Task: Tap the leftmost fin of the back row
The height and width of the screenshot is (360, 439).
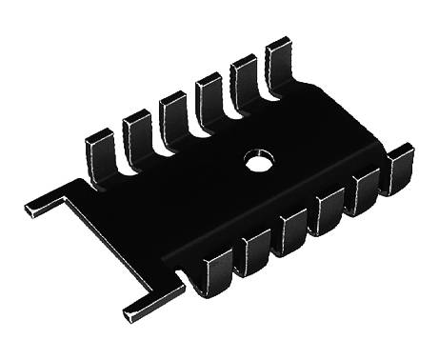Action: pyautogui.click(x=101, y=150)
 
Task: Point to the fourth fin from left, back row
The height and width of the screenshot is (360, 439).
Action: pyautogui.click(x=210, y=92)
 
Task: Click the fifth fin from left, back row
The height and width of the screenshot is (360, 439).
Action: pyautogui.click(x=245, y=75)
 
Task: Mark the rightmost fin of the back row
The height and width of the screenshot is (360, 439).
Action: pyautogui.click(x=280, y=58)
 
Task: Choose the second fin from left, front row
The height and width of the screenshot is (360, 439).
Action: pyautogui.click(x=256, y=251)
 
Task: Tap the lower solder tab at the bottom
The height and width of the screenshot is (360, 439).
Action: pyautogui.click(x=143, y=306)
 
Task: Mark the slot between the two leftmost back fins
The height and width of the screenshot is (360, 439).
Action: pyautogui.click(x=121, y=150)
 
